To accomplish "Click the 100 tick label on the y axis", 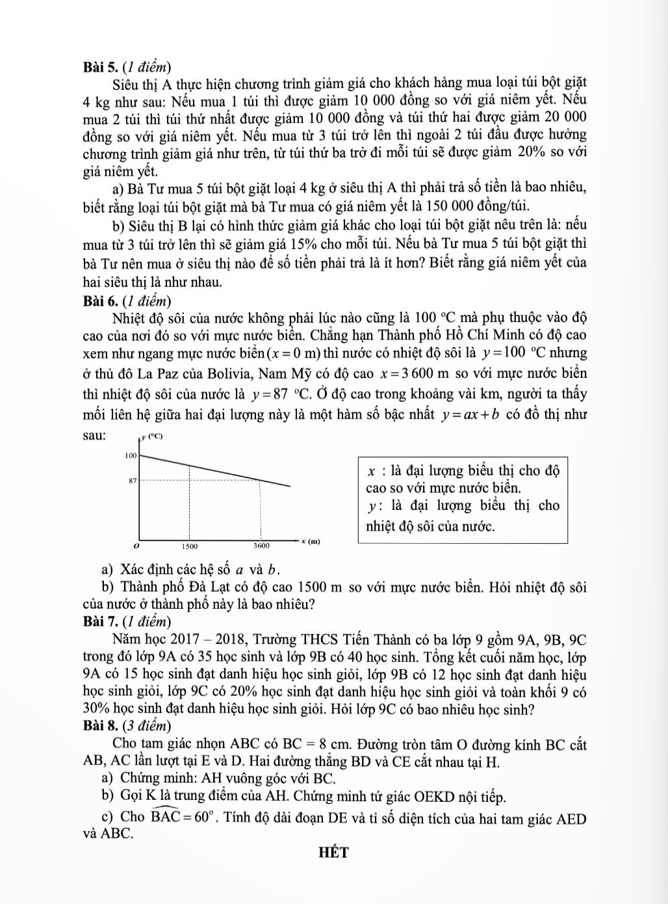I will pyautogui.click(x=131, y=456).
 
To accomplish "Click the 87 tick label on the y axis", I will pyautogui.click(x=133, y=481).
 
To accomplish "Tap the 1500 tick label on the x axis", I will pyautogui.click(x=190, y=546).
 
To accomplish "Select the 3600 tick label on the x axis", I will pyautogui.click(x=262, y=546).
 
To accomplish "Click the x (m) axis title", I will pyautogui.click(x=311, y=541).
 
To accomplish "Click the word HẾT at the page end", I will pyautogui.click(x=333, y=853).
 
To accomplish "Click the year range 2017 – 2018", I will pyautogui.click(x=198, y=639).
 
